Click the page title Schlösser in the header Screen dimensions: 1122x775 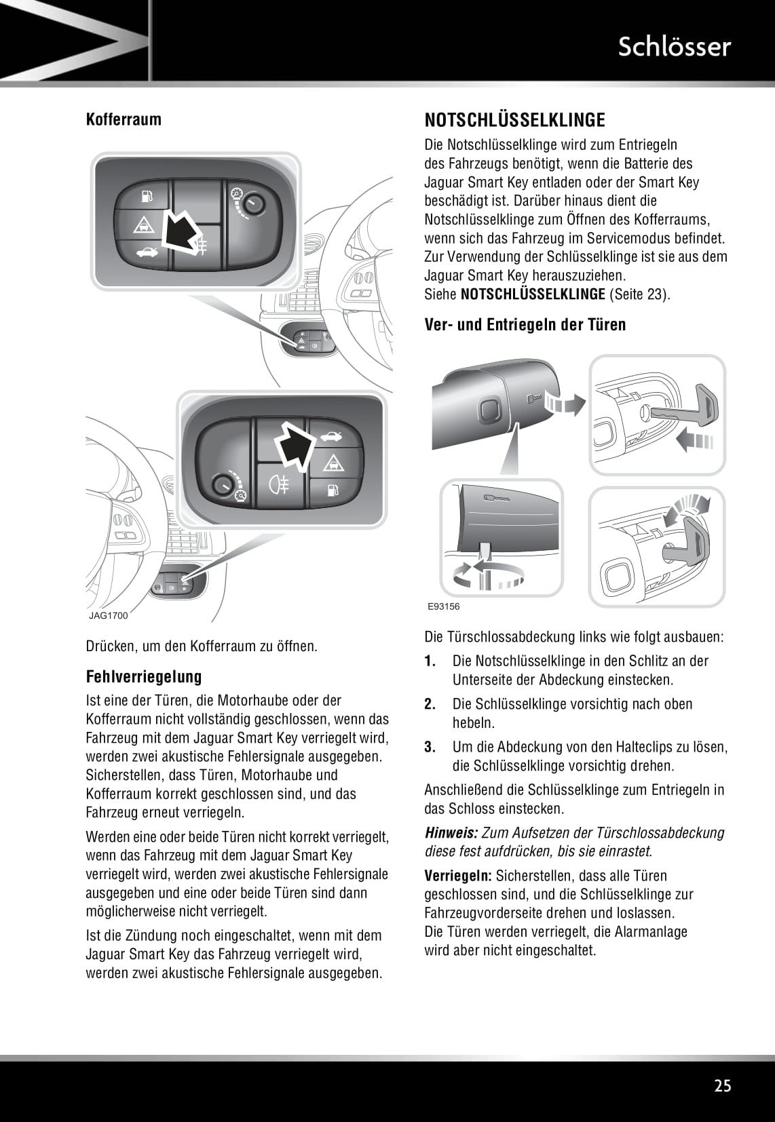[674, 46]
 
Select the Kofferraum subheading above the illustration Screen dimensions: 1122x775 [124, 120]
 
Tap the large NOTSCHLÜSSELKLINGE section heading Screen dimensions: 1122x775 [514, 120]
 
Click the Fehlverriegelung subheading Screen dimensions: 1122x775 [144, 676]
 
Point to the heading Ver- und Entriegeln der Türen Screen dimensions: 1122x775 [525, 324]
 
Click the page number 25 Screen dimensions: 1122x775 [723, 1085]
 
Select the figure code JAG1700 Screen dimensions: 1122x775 [108, 616]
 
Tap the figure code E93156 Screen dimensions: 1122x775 [443, 606]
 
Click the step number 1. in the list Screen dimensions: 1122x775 [430, 661]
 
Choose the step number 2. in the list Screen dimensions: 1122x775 [430, 704]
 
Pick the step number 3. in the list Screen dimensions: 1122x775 [430, 748]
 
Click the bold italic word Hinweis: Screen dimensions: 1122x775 [451, 833]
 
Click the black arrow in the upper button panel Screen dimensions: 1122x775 [181, 231]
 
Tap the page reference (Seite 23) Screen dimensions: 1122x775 [639, 294]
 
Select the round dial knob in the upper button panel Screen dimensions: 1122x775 [253, 204]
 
